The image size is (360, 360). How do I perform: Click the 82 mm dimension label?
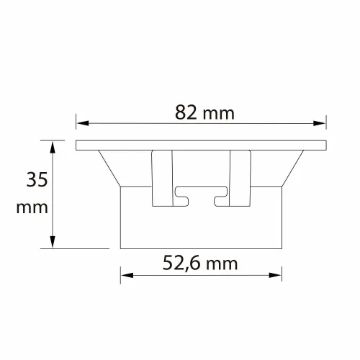tap(204, 112)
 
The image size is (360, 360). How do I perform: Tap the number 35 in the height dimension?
tap(37, 179)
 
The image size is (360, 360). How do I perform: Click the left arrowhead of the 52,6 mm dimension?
tap(125, 274)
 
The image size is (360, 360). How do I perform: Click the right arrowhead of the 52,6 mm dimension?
tap(277, 274)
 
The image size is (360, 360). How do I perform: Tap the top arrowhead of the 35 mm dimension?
tap(53, 145)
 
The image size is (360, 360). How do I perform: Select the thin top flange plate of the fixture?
tap(201, 145)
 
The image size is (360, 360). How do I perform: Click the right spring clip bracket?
tap(239, 176)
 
